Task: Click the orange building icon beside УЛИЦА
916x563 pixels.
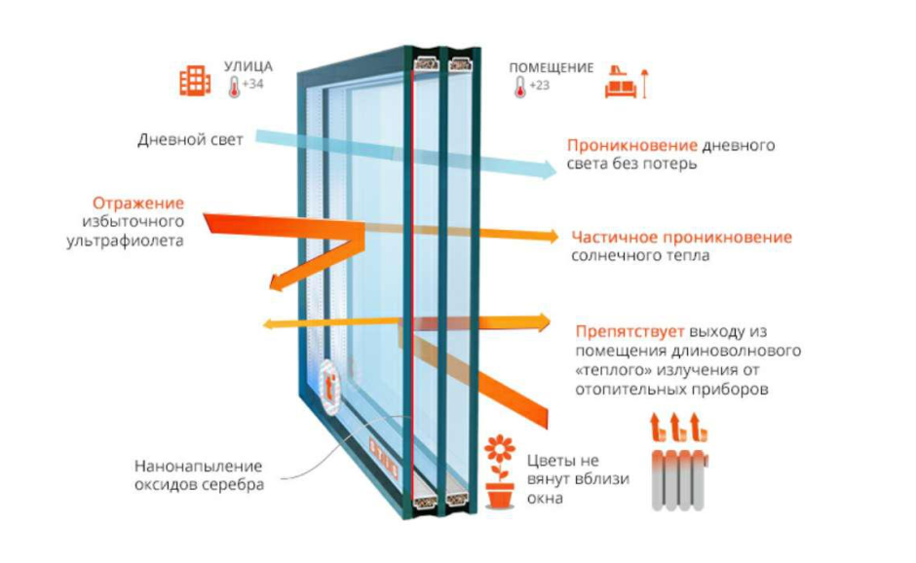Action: [x=195, y=80]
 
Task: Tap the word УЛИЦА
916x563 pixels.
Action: [x=248, y=67]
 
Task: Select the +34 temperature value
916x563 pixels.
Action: [x=252, y=85]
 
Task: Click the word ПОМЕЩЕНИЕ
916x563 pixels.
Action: [x=551, y=68]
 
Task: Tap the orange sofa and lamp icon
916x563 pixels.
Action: [x=626, y=82]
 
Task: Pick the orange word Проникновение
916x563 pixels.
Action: [x=632, y=146]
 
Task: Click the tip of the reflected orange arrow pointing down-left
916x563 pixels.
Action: [x=275, y=284]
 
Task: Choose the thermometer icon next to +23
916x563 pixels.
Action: [x=521, y=87]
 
